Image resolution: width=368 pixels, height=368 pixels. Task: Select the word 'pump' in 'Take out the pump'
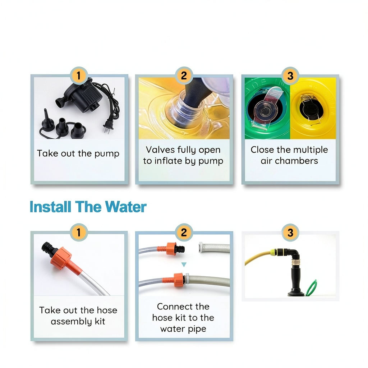pyautogui.click(x=107, y=154)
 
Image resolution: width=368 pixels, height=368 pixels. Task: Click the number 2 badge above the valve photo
pyautogui.click(x=184, y=75)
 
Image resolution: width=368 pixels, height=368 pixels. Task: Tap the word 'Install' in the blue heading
pyautogui.click(x=50, y=207)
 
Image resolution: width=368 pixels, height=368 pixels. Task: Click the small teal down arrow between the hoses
pyautogui.click(x=184, y=264)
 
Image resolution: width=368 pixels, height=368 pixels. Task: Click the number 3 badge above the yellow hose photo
pyautogui.click(x=290, y=233)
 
